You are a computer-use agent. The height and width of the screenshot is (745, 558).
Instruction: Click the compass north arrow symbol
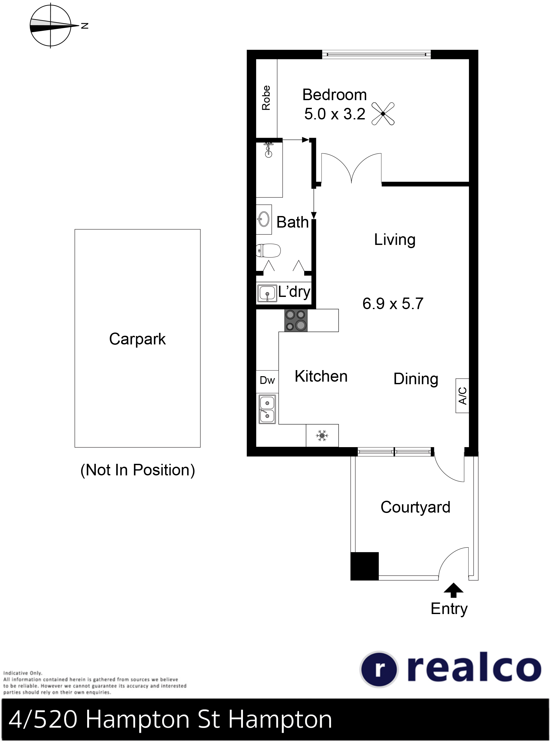(x=50, y=25)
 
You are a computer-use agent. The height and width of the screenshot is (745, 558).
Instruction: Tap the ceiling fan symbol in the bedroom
(x=383, y=114)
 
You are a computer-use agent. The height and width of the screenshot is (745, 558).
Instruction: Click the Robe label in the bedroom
(x=266, y=98)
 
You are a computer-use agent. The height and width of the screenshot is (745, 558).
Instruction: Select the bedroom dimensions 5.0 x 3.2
(x=335, y=114)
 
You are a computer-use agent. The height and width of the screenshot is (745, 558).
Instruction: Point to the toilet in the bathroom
(x=268, y=250)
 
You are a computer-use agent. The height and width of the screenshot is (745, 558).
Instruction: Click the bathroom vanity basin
(x=264, y=219)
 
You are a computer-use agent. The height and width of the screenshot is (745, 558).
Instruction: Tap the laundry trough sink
(x=267, y=293)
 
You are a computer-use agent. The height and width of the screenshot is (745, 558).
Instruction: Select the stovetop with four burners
(x=296, y=320)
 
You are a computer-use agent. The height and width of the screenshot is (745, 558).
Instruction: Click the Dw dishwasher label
(x=267, y=381)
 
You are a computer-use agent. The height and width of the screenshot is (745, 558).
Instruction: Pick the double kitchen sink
(x=267, y=409)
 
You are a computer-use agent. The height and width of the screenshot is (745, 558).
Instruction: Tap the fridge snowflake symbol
(x=322, y=436)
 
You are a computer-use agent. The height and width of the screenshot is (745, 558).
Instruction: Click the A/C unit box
(x=462, y=396)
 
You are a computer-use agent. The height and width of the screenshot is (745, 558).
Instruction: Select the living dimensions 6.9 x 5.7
(x=393, y=303)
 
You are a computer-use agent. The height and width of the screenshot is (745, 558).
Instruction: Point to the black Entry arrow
(x=454, y=590)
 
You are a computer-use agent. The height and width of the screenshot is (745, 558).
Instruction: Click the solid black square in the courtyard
(x=365, y=566)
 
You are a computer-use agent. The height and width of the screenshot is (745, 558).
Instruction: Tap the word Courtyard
(x=415, y=507)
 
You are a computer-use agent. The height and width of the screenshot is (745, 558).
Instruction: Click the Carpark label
(x=137, y=339)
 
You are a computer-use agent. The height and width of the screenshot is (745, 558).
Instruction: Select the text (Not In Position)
(x=137, y=470)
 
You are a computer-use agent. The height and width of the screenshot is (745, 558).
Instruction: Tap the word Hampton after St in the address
(x=280, y=720)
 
